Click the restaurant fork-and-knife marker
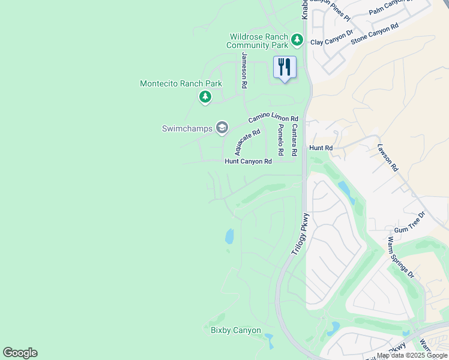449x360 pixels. tap(285, 67)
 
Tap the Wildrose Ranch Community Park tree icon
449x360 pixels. tap(297, 40)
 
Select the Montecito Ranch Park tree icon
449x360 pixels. tap(205, 96)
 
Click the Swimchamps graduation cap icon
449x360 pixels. tap(222, 127)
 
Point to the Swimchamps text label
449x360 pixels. tap(187, 128)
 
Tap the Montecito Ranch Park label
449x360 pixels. tap(181, 84)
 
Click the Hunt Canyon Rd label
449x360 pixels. tap(248, 161)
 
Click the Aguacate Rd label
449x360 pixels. tap(247, 142)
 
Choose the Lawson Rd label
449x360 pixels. tap(388, 157)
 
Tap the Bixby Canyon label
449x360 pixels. tap(236, 331)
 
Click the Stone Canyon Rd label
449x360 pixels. tap(375, 33)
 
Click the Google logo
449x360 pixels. tap(20, 353)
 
